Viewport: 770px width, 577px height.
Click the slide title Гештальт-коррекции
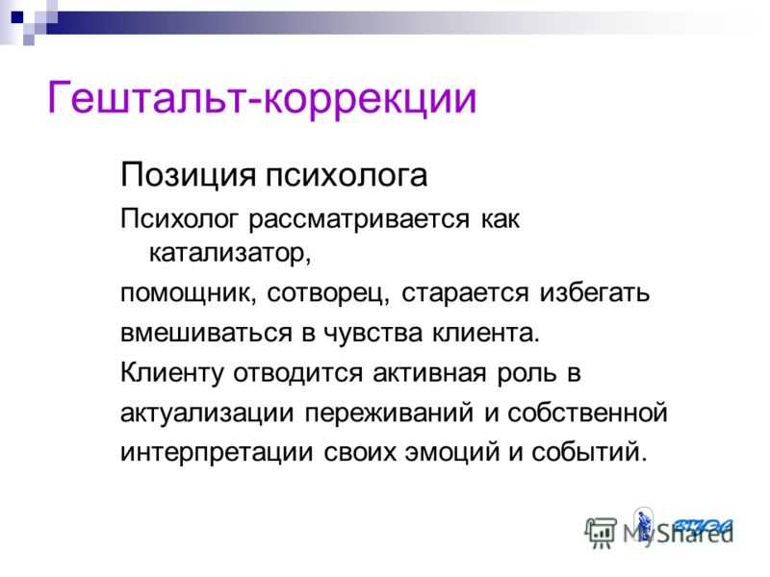click(x=262, y=98)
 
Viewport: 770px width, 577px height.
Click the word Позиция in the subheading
click(x=188, y=176)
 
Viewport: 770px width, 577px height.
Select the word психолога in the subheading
click(x=346, y=176)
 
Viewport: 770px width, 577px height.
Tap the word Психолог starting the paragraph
click(x=180, y=219)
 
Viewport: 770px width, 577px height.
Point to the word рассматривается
click(x=359, y=219)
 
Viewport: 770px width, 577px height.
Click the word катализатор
click(x=230, y=253)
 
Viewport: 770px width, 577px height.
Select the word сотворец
click(x=328, y=293)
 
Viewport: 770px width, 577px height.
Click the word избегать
click(x=595, y=292)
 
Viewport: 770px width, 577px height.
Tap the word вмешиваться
click(x=206, y=333)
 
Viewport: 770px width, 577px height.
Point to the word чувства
click(x=373, y=334)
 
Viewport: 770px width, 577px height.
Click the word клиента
click(x=486, y=334)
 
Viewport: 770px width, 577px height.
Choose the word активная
click(x=429, y=374)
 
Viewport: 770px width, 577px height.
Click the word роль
click(x=526, y=374)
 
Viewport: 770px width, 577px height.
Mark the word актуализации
click(x=207, y=414)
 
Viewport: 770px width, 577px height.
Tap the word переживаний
click(x=389, y=414)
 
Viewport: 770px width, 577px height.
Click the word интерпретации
click(x=217, y=452)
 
